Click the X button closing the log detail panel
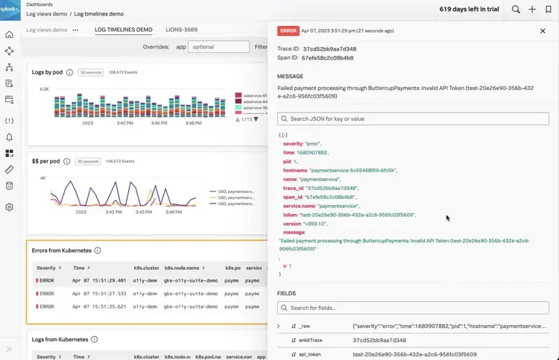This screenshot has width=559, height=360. tap(543, 31)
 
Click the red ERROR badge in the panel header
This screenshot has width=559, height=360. tap(288, 31)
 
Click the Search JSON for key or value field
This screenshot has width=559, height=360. tap(413, 119)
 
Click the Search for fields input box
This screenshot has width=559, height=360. tap(413, 308)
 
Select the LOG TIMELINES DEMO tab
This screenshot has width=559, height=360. tap(124, 30)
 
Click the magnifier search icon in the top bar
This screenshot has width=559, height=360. tap(516, 10)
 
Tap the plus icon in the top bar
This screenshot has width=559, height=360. tap(532, 10)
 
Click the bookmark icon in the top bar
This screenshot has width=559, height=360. tap(549, 10)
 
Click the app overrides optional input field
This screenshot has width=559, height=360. tap(218, 46)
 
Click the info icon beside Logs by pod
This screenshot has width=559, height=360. tap(69, 72)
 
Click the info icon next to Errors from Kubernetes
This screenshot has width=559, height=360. tap(98, 250)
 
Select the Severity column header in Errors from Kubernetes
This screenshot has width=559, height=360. tap(46, 268)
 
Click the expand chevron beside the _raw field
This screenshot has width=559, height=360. tap(279, 326)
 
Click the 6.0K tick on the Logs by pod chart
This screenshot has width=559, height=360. tap(44, 89)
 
